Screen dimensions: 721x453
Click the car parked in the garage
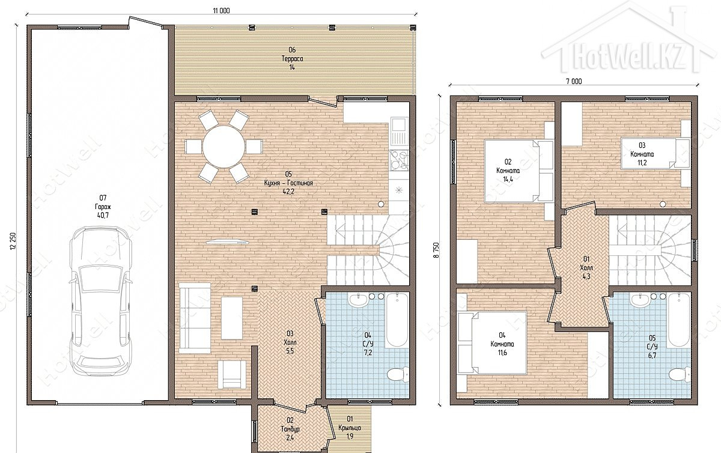click(x=101, y=301)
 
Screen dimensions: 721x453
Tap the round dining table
click(x=223, y=147)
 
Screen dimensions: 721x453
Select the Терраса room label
click(x=292, y=59)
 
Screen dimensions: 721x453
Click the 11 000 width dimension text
click(x=221, y=11)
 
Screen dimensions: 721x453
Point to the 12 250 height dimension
click(x=13, y=241)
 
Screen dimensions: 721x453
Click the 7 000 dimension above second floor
click(x=574, y=82)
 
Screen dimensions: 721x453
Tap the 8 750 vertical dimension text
click(x=436, y=250)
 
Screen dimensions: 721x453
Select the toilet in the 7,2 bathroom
click(x=398, y=375)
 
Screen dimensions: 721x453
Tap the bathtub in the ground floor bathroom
click(x=397, y=320)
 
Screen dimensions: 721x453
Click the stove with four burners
click(x=399, y=160)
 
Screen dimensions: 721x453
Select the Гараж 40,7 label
click(x=103, y=207)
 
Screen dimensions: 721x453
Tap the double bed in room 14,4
click(x=513, y=171)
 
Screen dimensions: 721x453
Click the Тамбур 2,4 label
click(x=290, y=429)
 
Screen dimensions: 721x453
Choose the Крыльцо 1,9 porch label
click(x=350, y=428)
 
